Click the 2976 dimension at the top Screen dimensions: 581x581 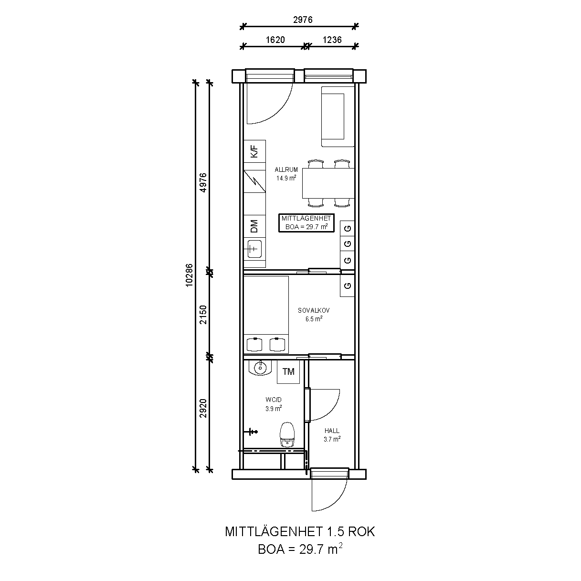point(303,20)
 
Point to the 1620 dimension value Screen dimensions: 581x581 point(275,40)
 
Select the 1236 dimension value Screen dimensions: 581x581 point(332,40)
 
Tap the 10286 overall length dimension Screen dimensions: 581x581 point(189,275)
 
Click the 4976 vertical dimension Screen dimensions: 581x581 point(203,182)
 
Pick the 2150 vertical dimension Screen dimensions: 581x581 point(203,315)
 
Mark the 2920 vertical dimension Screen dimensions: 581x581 point(203,408)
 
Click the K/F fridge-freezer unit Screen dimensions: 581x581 point(254,151)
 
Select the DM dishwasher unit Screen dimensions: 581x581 point(254,226)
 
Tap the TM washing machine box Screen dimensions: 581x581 point(288,372)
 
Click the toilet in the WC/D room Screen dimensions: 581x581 point(287,434)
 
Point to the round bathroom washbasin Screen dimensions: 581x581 point(260,368)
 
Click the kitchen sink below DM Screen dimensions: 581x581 point(254,249)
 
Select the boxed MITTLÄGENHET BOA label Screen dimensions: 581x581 point(306,223)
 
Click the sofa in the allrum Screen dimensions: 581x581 point(338,116)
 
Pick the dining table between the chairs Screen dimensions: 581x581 point(328,183)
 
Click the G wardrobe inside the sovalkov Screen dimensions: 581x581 point(348,285)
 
